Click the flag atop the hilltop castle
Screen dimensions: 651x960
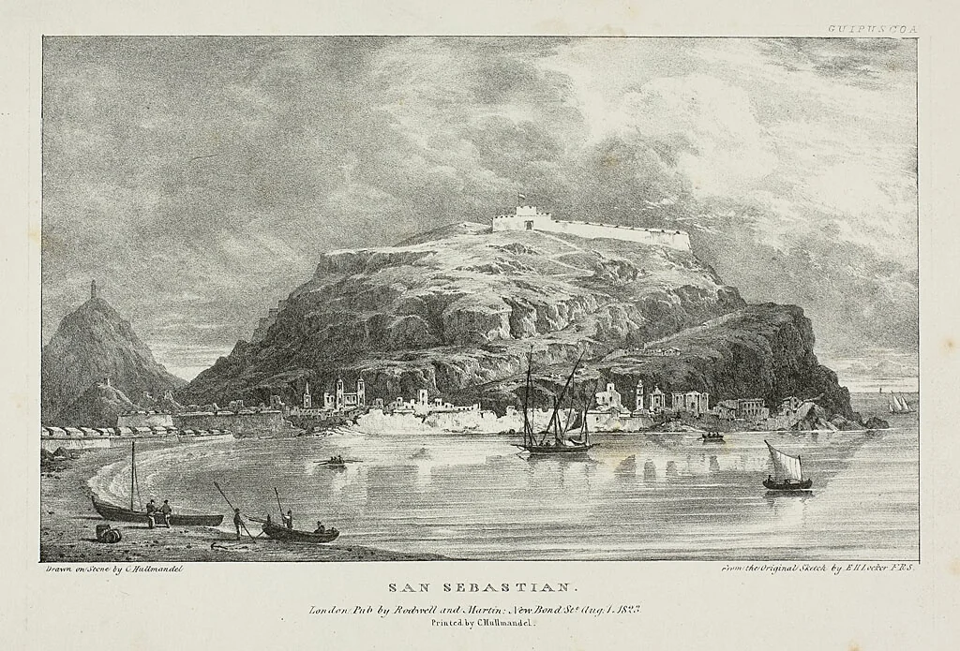point(522,199)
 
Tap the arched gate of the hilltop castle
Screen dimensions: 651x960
point(529,223)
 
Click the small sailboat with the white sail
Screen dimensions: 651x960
point(785,470)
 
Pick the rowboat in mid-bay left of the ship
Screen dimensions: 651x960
point(334,461)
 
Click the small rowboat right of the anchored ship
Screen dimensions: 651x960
point(712,436)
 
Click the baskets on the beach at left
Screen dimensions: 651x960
point(109,533)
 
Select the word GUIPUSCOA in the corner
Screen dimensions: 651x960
point(872,29)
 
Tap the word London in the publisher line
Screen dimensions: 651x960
point(329,609)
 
